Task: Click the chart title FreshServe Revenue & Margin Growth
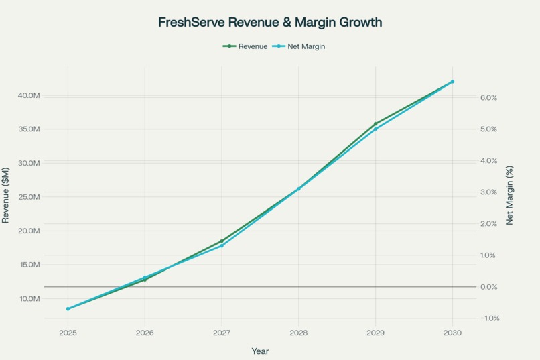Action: (x=270, y=22)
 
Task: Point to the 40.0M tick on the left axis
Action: (x=29, y=95)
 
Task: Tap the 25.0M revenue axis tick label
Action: (x=29, y=196)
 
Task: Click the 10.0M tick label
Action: (x=29, y=298)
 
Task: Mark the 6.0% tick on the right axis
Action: (x=488, y=97)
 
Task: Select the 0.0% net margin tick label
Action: (x=488, y=287)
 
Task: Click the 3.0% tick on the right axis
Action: (x=488, y=192)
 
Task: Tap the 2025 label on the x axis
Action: (x=68, y=333)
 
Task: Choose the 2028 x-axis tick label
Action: (x=299, y=333)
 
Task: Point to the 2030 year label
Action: (x=452, y=333)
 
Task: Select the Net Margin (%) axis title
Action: (x=509, y=196)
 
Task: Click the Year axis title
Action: (x=260, y=351)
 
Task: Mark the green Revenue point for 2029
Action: (x=375, y=124)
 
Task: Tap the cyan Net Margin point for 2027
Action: (x=222, y=245)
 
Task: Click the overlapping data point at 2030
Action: (x=452, y=82)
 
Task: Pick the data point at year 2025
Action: (x=68, y=308)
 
